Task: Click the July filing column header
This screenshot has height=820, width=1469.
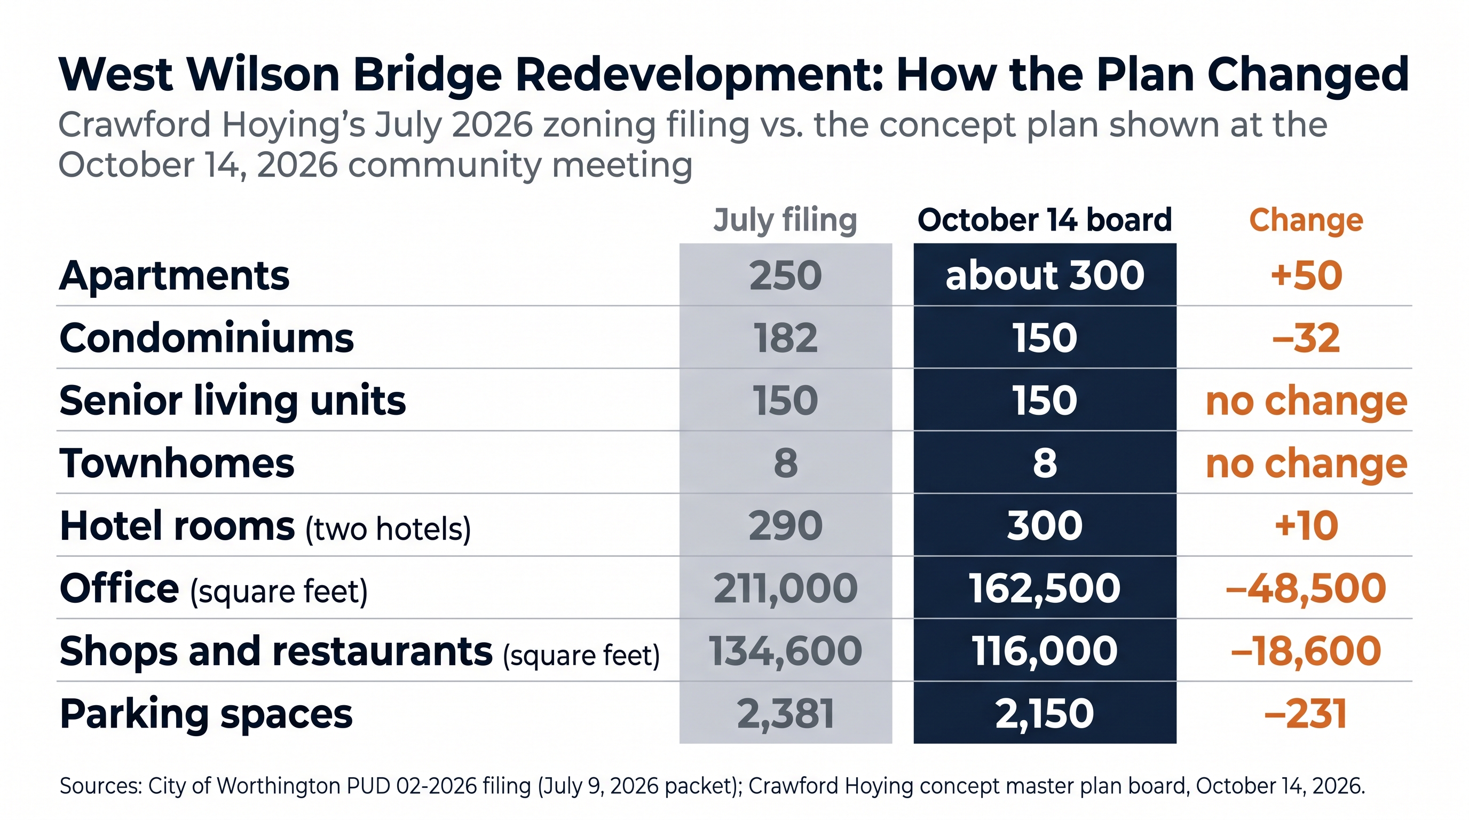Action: click(785, 220)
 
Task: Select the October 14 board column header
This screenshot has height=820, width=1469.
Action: click(1045, 220)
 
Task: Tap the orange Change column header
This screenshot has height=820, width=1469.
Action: click(1306, 220)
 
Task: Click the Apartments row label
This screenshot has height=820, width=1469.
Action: click(175, 276)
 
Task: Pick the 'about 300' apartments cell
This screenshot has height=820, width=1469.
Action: click(1045, 275)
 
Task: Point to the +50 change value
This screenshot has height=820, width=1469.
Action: click(1306, 275)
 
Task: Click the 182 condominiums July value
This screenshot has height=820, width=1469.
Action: click(785, 338)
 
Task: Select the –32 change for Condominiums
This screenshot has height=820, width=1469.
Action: click(1306, 338)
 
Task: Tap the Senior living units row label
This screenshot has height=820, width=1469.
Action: click(233, 401)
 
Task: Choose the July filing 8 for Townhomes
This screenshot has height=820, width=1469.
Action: click(785, 463)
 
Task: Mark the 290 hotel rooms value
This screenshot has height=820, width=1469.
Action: click(785, 526)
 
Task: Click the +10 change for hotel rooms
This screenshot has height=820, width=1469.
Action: click(1306, 526)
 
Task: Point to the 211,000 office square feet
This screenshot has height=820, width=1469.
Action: click(785, 589)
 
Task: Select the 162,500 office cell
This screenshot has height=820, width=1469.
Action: click(1045, 589)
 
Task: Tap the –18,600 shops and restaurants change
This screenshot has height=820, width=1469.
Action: click(1306, 652)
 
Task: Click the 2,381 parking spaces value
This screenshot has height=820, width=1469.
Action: click(785, 714)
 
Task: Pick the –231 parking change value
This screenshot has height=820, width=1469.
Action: click(1306, 714)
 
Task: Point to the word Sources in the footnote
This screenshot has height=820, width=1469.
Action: click(101, 786)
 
